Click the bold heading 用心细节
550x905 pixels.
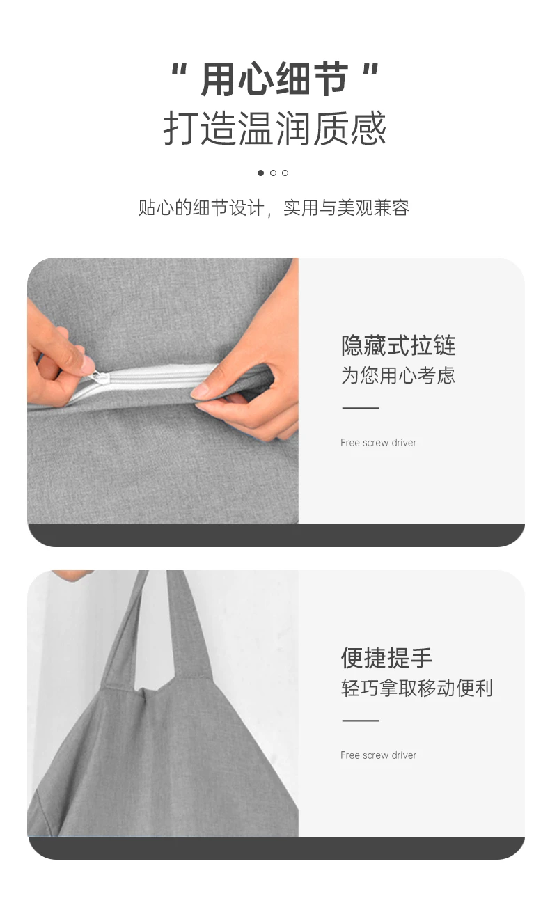(274, 79)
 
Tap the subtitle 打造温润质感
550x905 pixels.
(275, 128)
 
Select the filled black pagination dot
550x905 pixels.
(260, 173)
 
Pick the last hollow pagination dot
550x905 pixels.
(285, 173)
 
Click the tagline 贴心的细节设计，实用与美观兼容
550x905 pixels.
(274, 207)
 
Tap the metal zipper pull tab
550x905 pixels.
(98, 377)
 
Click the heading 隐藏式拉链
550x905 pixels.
(398, 345)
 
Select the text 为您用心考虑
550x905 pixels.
(398, 375)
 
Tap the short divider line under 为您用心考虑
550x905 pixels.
(361, 408)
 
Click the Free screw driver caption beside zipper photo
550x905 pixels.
(378, 442)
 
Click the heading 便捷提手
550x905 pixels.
(386, 658)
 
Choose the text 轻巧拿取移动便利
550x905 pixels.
(416, 688)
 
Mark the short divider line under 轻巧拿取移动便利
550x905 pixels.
(361, 721)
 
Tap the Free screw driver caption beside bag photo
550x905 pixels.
(378, 755)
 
